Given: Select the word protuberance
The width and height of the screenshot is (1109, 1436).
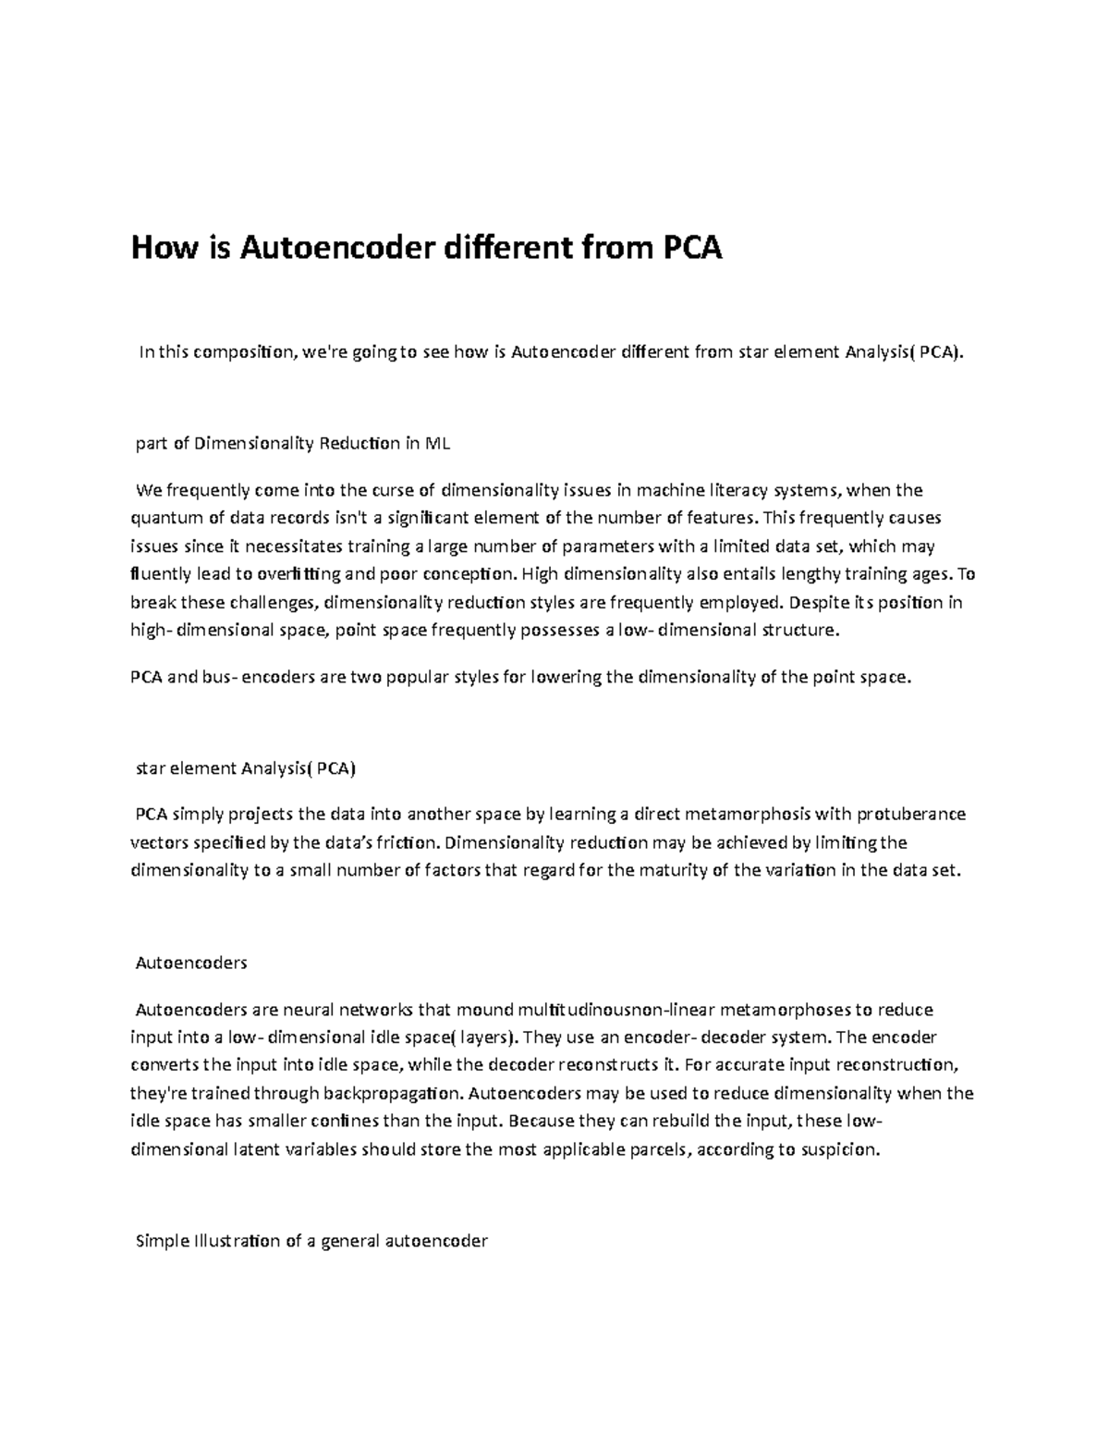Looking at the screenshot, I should click(x=911, y=814).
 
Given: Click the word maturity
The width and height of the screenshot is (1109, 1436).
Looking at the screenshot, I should click(x=680, y=871).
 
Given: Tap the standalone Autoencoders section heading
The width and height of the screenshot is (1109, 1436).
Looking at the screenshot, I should click(x=191, y=963).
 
